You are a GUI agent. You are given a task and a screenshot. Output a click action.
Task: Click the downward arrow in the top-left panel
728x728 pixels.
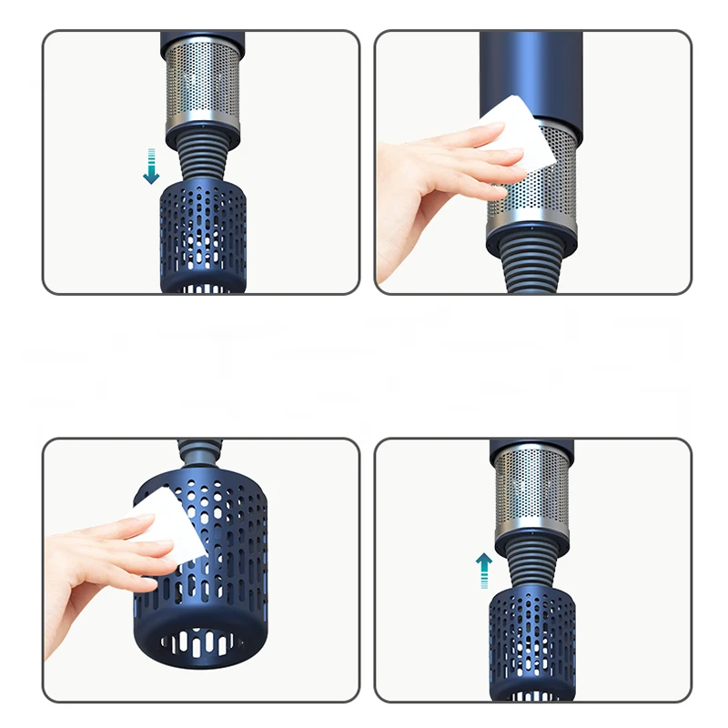tap(151, 165)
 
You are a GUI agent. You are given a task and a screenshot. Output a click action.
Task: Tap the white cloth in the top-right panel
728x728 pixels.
tap(519, 133)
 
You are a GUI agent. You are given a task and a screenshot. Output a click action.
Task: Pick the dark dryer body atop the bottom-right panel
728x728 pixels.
tap(530, 448)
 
